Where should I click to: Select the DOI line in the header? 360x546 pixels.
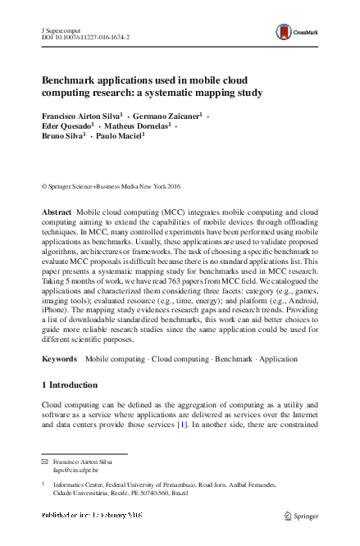(x=84, y=38)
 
